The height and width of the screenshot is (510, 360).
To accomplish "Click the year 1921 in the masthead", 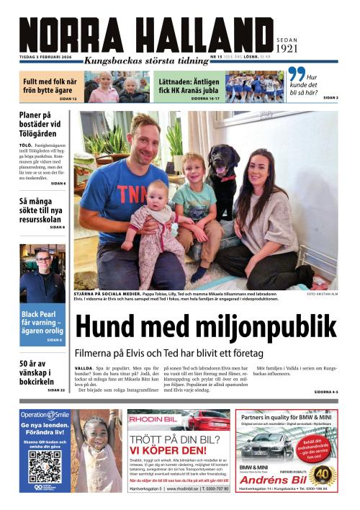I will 287,49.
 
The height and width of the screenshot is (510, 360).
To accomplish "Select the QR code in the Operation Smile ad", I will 45,466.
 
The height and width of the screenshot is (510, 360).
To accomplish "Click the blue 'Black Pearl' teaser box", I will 42,325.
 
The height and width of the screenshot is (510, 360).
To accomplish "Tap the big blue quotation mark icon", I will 296,74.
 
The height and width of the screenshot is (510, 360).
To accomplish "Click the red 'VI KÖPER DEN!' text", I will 168,451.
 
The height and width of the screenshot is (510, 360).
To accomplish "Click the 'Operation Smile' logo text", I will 45,415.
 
